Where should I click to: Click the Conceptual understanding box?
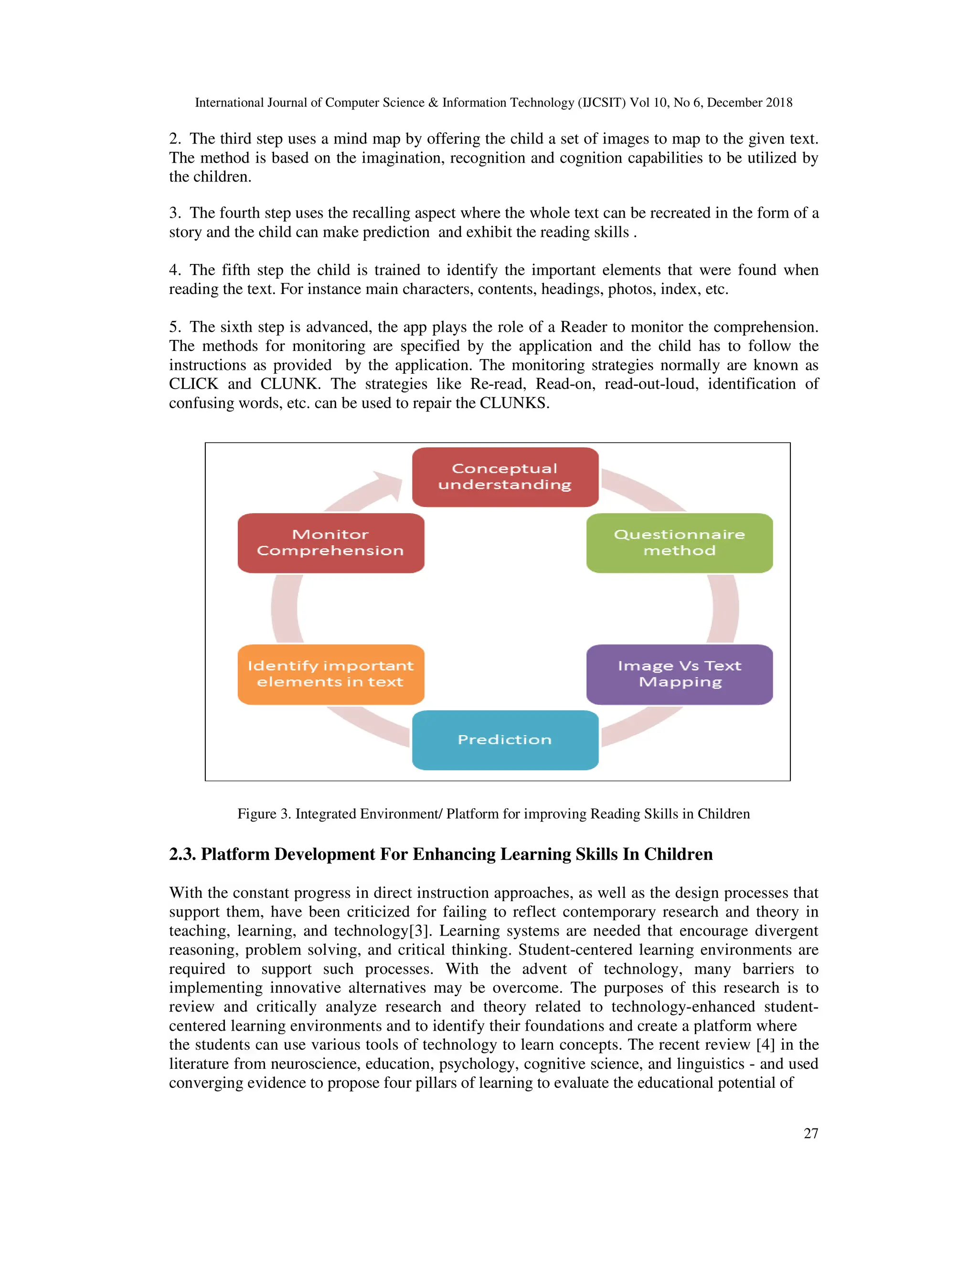[x=505, y=477]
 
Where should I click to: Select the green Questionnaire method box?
[x=679, y=543]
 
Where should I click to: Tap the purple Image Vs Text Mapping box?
[x=679, y=674]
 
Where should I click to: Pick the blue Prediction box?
[x=505, y=739]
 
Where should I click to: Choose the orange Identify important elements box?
[x=331, y=674]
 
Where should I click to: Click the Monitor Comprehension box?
[x=331, y=543]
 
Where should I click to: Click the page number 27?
[x=810, y=1134]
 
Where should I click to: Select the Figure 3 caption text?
[x=493, y=814]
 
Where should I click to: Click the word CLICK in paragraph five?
[x=193, y=384]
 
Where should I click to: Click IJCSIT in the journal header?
[x=603, y=103]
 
